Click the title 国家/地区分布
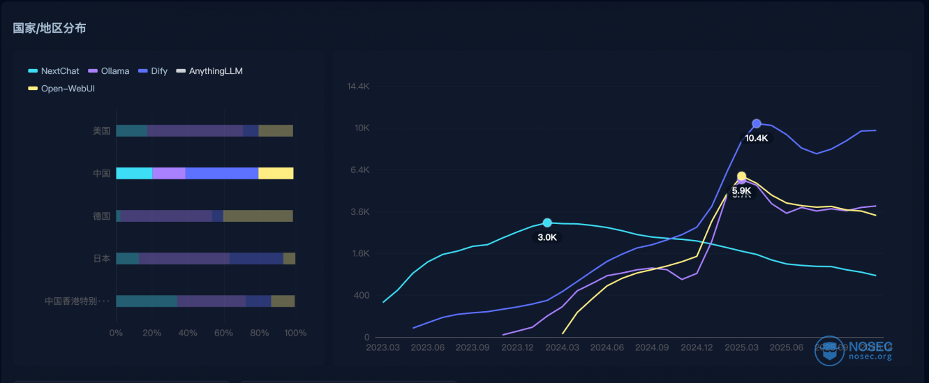[x=50, y=29]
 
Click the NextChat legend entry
[x=54, y=70]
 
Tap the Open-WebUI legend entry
[x=61, y=88]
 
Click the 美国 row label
[x=101, y=130]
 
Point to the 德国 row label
[x=101, y=216]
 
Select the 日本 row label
[x=101, y=258]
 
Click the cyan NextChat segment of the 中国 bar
[x=134, y=173]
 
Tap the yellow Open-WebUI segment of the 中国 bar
[x=276, y=173]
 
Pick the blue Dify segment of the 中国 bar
[x=221, y=173]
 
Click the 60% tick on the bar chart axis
[x=223, y=333]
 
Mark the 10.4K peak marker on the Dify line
[x=757, y=123]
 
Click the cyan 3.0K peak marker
[x=547, y=223]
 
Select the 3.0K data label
[x=547, y=237]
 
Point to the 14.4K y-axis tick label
[x=358, y=87]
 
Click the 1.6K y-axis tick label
[x=359, y=254]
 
